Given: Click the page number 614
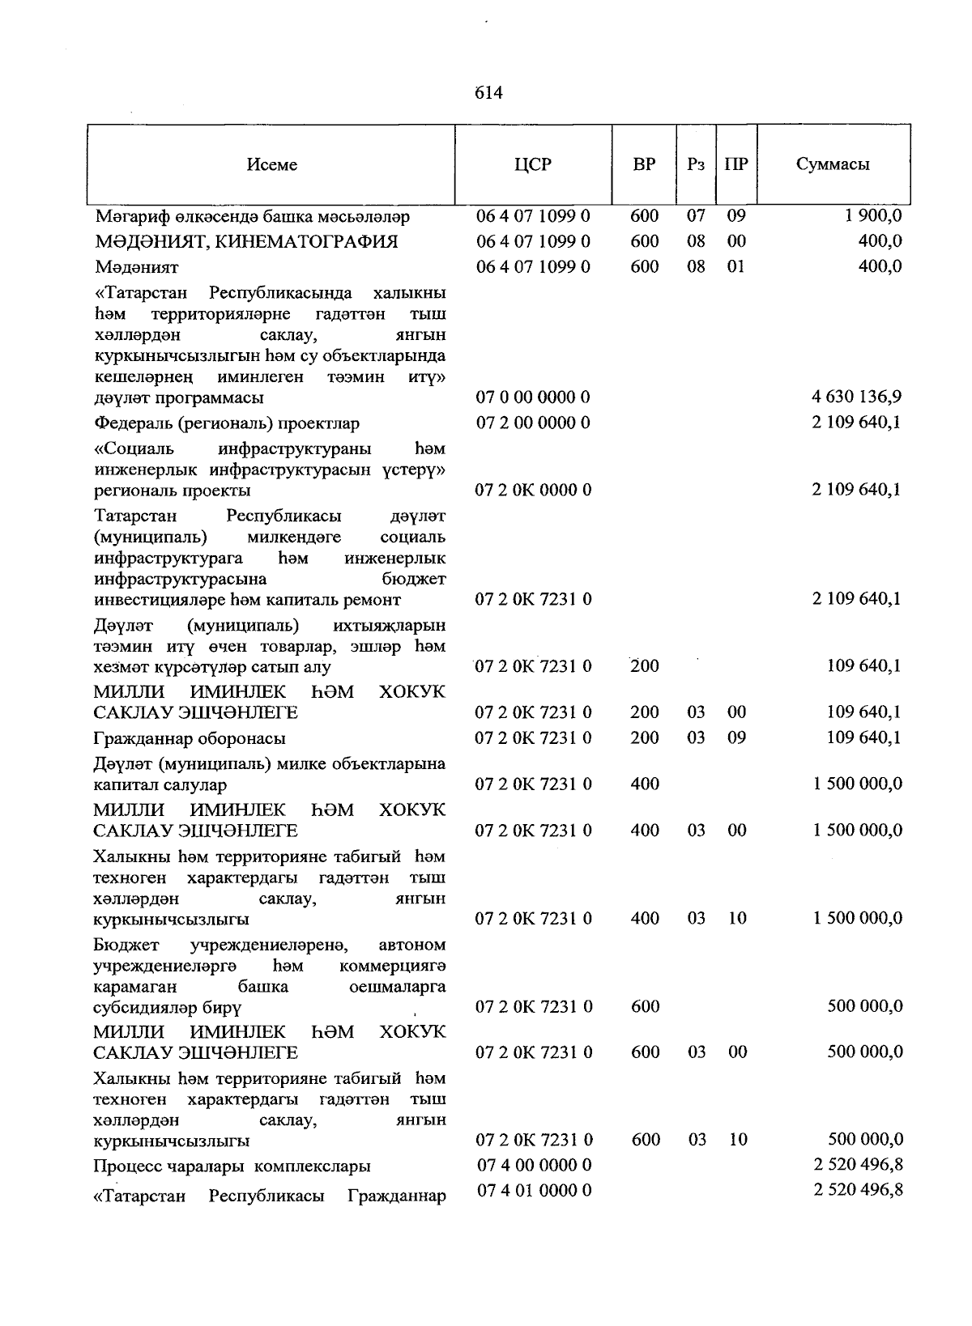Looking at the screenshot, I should (x=488, y=93).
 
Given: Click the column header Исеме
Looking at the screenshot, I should (x=272, y=164).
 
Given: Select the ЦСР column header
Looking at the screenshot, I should (x=533, y=164).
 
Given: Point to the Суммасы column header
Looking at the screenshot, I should (x=833, y=164).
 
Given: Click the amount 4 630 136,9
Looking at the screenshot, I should (x=856, y=397).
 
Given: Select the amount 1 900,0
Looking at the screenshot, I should (x=874, y=216).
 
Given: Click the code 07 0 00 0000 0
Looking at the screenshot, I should (x=533, y=397).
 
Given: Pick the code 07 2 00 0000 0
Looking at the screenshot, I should (x=533, y=423).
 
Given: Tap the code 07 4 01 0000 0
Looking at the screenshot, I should (x=534, y=1190).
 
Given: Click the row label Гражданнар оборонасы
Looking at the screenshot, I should (x=190, y=738).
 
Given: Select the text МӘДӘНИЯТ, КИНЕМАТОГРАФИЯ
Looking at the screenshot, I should (x=246, y=241).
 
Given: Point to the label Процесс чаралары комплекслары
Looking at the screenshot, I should (x=232, y=1167).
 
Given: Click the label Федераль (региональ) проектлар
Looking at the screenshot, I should (x=227, y=423).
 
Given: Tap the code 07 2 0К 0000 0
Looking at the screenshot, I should (x=534, y=490).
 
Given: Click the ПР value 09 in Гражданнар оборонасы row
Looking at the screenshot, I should (x=736, y=737).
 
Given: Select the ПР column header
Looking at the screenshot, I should (x=736, y=164).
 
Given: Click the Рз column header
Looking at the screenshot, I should (x=695, y=164).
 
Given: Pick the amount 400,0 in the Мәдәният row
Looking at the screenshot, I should (x=880, y=266).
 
